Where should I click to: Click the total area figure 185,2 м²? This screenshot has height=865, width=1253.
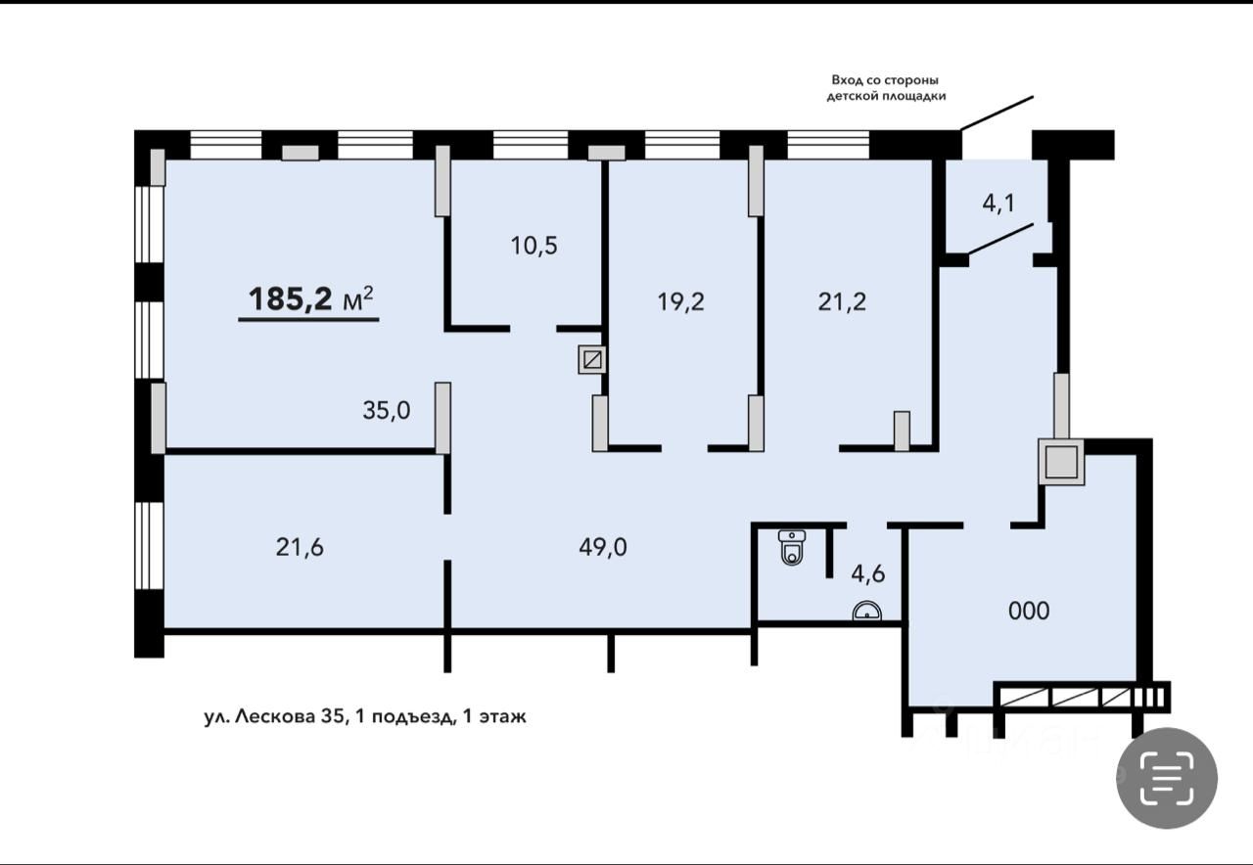coord(310,298)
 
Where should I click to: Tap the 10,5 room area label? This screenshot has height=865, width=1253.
coord(534,246)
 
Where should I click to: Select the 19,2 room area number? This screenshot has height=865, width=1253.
coord(680,302)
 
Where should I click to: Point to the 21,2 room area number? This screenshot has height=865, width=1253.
coord(842,302)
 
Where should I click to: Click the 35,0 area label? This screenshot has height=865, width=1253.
coord(387,410)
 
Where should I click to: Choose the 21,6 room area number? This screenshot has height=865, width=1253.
coord(300,547)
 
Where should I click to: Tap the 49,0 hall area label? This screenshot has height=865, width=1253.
coord(603,547)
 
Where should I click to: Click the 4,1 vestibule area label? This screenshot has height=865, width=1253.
coord(998,203)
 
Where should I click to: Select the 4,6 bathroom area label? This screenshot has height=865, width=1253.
coord(868,573)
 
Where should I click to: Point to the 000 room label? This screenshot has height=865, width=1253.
coord(1029,612)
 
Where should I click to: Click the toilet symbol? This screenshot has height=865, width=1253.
coord(792,547)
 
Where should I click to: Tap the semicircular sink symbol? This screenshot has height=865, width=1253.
coord(867,611)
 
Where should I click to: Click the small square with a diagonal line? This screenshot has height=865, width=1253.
coord(592,359)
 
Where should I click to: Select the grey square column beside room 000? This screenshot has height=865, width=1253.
coord(1061,461)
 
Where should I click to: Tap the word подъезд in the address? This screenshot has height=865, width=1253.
coord(411,718)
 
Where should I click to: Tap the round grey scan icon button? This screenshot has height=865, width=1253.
coord(1167,778)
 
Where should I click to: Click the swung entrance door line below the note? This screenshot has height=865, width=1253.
coord(997,113)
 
